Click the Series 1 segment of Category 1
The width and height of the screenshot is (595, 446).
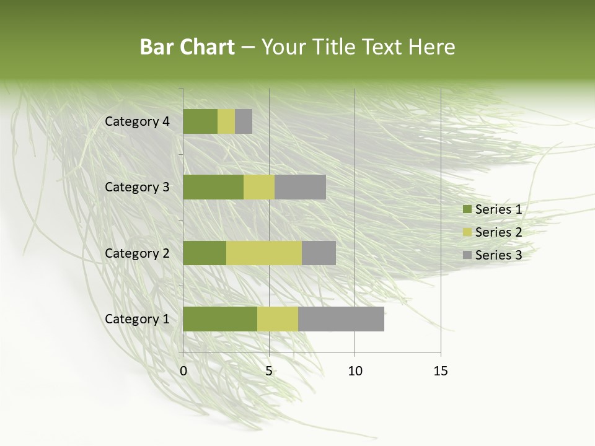coord(220,319)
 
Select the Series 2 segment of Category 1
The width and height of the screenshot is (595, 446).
coord(278,319)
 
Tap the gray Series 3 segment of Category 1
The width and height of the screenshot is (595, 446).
coord(341,319)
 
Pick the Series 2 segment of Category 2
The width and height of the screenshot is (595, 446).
coord(264,253)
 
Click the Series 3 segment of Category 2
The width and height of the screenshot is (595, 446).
coord(319,253)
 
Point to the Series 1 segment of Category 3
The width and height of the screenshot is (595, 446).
coord(213,187)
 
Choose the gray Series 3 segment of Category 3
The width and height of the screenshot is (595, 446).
coord(300,187)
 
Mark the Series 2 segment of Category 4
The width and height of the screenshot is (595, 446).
coord(226,121)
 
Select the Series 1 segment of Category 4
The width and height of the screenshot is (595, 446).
coord(200,121)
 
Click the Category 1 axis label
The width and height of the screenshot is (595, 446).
coord(137,319)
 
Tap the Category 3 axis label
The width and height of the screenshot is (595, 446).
coord(137,187)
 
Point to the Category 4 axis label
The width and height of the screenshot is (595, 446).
coord(137,121)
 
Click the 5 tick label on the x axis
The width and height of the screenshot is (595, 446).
coord(269,371)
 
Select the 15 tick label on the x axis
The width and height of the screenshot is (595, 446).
coord(440,371)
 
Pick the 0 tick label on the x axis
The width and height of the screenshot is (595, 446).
coord(183,371)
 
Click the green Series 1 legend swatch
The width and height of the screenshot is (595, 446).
coord(467,209)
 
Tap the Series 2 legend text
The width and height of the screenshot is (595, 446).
coord(498,232)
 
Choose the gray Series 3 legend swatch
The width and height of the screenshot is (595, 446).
coord(467,255)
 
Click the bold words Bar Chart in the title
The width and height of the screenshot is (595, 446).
coord(187,47)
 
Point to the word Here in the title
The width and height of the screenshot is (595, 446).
coord(432,47)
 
